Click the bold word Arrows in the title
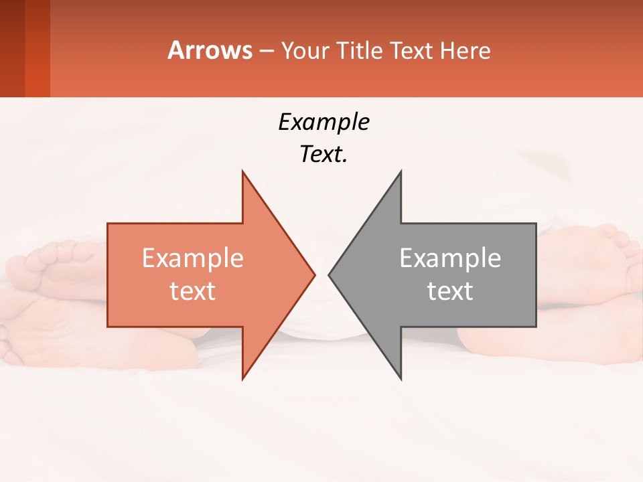pos(210,50)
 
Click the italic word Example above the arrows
pos(324,123)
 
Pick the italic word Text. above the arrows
pos(324,155)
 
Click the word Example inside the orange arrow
pos(193,258)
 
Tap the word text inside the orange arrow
pos(193,291)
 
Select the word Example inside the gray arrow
pos(450,258)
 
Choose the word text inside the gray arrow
pos(450,291)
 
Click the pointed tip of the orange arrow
pos(314,274)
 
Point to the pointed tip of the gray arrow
pos(330,274)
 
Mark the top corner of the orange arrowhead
pos(242,172)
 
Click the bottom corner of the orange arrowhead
pos(242,378)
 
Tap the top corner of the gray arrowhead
pos(401,172)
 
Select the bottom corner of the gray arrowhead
pos(401,378)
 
